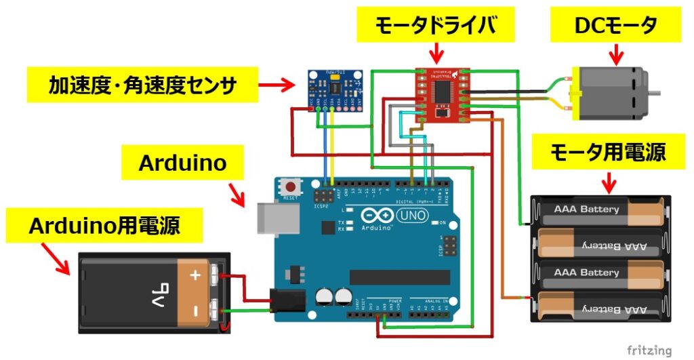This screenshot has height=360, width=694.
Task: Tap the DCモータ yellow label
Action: [615, 26]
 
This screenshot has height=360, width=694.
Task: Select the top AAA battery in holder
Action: [600, 209]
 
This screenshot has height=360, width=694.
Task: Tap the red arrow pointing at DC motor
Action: [616, 53]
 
